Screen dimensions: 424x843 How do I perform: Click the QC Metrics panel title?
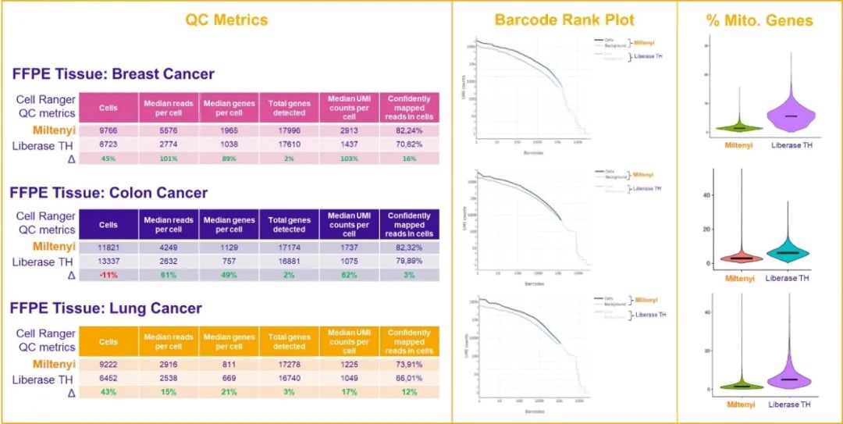click(x=226, y=20)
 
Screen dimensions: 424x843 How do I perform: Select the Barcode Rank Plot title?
click(x=564, y=20)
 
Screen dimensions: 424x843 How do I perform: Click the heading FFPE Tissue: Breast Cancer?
click(x=113, y=74)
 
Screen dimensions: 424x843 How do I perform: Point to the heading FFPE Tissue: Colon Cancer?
click(x=109, y=192)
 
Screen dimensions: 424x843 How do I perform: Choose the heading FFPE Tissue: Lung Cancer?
click(x=106, y=308)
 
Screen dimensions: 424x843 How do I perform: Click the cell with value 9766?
click(x=108, y=131)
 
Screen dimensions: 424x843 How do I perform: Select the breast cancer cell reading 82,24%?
click(x=409, y=131)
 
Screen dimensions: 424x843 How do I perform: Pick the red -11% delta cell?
click(x=108, y=276)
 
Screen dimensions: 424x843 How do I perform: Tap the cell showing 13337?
click(x=108, y=262)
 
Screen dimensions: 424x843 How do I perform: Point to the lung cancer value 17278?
click(x=289, y=364)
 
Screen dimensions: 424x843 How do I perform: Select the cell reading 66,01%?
click(x=409, y=378)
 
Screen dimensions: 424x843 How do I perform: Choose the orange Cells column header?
click(x=108, y=341)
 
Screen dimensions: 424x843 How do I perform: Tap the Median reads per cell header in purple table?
click(x=169, y=225)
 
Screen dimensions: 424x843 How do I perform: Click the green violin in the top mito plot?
click(x=739, y=126)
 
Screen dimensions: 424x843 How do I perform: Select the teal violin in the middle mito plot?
click(x=788, y=252)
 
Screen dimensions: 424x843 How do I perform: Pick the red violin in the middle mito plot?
click(x=739, y=257)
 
